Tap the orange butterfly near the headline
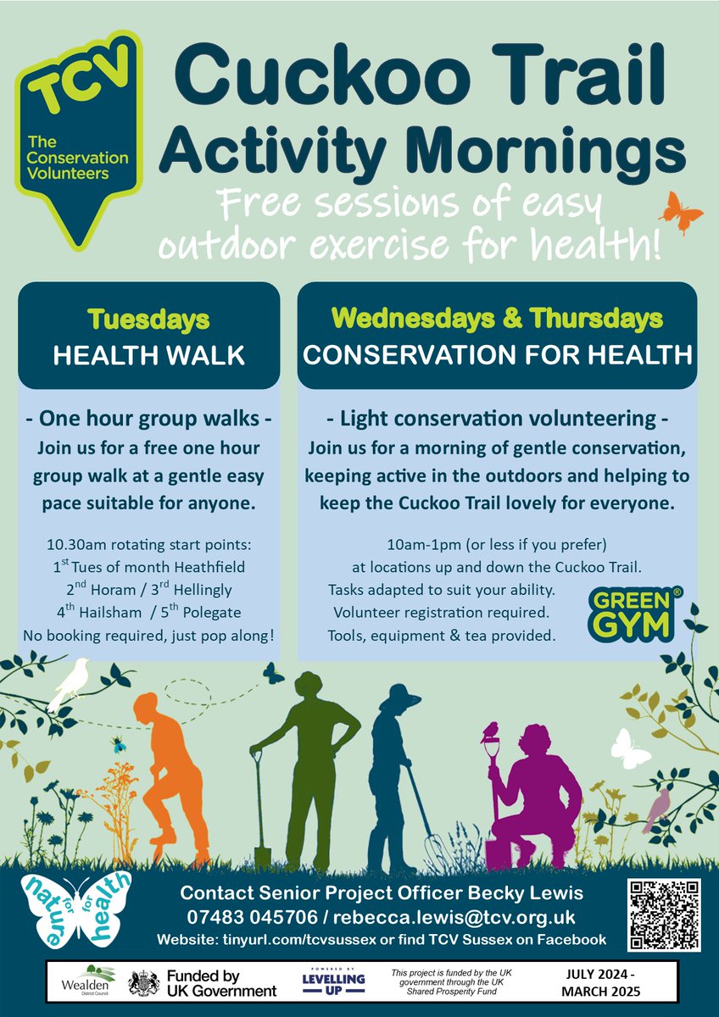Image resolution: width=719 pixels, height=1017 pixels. (681, 212)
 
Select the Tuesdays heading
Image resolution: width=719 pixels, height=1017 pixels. (148, 320)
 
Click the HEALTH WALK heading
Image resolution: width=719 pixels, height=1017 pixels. (148, 355)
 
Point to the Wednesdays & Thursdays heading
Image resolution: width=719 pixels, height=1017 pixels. (497, 319)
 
